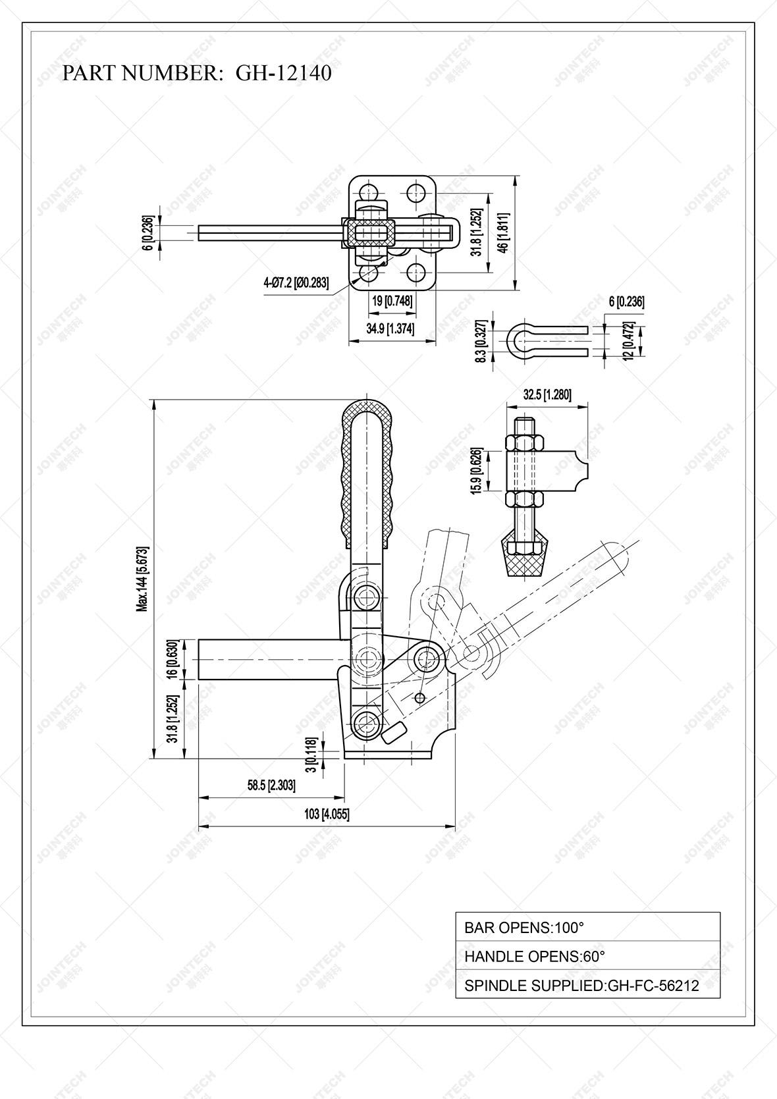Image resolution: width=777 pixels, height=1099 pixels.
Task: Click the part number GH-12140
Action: (283, 73)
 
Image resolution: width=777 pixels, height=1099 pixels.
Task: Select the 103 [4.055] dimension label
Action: (327, 815)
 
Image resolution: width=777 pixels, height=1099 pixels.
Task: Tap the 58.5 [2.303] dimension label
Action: (271, 785)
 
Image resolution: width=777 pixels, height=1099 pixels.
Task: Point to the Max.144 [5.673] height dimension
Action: (142, 578)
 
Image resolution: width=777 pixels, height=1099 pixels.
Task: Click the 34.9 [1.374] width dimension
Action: (391, 329)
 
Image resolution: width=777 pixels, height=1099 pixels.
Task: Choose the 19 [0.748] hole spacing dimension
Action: (392, 301)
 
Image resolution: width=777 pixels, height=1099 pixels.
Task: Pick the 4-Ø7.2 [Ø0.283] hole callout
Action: (296, 283)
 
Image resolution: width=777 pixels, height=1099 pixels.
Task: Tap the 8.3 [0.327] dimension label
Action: (482, 341)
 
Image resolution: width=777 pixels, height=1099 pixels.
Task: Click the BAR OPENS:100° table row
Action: (587, 927)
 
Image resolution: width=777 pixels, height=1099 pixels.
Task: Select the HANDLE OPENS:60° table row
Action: (587, 956)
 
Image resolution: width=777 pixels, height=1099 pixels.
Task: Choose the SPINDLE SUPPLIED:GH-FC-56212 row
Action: (587, 985)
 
